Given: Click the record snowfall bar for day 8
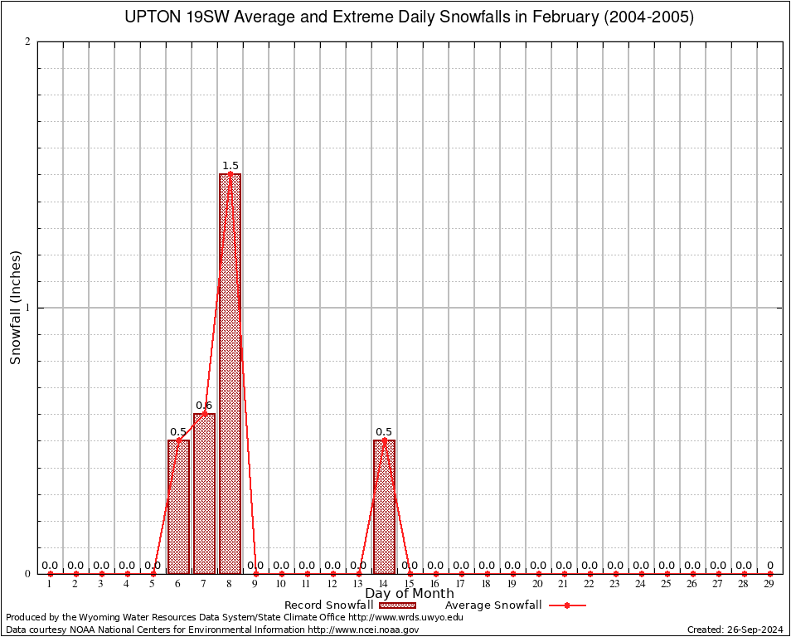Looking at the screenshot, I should (x=230, y=373).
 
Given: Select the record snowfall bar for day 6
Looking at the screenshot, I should (x=178, y=506).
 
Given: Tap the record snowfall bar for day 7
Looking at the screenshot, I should (x=204, y=494).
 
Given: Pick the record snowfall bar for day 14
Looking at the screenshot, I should (x=384, y=506).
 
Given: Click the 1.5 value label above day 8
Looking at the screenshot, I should (x=231, y=166).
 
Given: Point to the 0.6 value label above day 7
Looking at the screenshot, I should (x=204, y=406).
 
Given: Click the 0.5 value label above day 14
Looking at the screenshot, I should (x=384, y=432).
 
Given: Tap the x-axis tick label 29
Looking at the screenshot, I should (x=769, y=585).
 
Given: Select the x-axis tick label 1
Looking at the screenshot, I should (x=50, y=585).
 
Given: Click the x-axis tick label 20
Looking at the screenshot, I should (x=538, y=585).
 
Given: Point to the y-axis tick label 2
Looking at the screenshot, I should (x=28, y=41).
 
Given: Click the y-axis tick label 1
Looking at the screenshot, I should (x=28, y=308).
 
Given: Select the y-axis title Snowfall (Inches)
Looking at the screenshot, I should (x=15, y=307).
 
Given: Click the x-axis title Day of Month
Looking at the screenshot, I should (x=410, y=594).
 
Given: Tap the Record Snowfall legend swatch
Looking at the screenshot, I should (x=396, y=605).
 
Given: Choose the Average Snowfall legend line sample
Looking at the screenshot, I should (x=567, y=605).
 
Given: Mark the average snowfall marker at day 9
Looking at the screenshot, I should (x=255, y=573).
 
